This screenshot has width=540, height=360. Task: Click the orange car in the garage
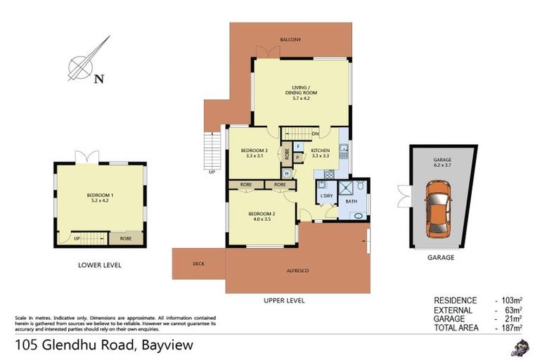click(439, 207)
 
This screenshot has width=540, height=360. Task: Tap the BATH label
click(351, 202)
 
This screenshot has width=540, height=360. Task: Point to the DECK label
click(198, 264)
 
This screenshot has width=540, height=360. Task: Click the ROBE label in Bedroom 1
click(125, 239)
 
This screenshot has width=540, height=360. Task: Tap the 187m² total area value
click(508, 328)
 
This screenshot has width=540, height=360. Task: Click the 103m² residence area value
click(508, 300)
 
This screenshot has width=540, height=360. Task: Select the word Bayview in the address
click(167, 345)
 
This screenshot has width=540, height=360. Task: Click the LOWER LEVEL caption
click(100, 265)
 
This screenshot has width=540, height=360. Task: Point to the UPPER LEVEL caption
click(284, 300)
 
